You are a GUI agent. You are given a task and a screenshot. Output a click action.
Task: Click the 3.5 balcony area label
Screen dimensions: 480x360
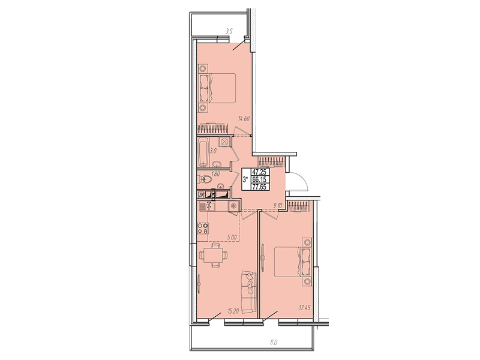[x=229, y=31]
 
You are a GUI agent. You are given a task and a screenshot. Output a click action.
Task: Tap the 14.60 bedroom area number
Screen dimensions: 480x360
[x=244, y=118]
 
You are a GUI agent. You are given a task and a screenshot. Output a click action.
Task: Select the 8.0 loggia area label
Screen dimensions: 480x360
[x=274, y=342]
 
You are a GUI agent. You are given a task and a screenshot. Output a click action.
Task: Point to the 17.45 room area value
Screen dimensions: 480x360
[x=305, y=308]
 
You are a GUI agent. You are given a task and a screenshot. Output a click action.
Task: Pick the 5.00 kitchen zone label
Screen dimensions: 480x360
[x=232, y=237]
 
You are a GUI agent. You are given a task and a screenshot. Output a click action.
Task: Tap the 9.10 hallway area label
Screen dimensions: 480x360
[x=277, y=206]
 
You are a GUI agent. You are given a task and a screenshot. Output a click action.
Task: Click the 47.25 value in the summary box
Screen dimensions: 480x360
[x=259, y=172]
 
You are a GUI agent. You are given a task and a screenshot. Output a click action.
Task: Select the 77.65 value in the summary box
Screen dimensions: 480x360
[x=259, y=187]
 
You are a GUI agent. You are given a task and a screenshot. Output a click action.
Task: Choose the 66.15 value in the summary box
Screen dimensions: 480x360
[x=259, y=179]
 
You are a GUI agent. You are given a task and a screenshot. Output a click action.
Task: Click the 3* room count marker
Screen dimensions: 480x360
[x=245, y=179]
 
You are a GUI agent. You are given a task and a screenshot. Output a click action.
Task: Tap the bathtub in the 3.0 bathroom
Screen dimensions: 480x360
[x=203, y=152]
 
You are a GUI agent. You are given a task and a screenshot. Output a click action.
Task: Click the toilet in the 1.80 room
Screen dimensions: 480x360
[x=204, y=178]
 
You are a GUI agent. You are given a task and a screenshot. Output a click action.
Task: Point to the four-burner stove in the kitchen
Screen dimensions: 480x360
[x=203, y=229]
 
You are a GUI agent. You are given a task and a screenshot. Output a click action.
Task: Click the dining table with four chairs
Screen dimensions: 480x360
[x=214, y=255]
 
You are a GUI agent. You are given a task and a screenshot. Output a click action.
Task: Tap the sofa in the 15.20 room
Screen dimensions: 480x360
[x=248, y=292]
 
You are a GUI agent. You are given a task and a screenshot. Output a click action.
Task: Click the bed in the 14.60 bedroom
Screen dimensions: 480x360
[x=217, y=88]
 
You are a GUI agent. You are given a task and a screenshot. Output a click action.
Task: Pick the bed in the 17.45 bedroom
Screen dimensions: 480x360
[x=293, y=262]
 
